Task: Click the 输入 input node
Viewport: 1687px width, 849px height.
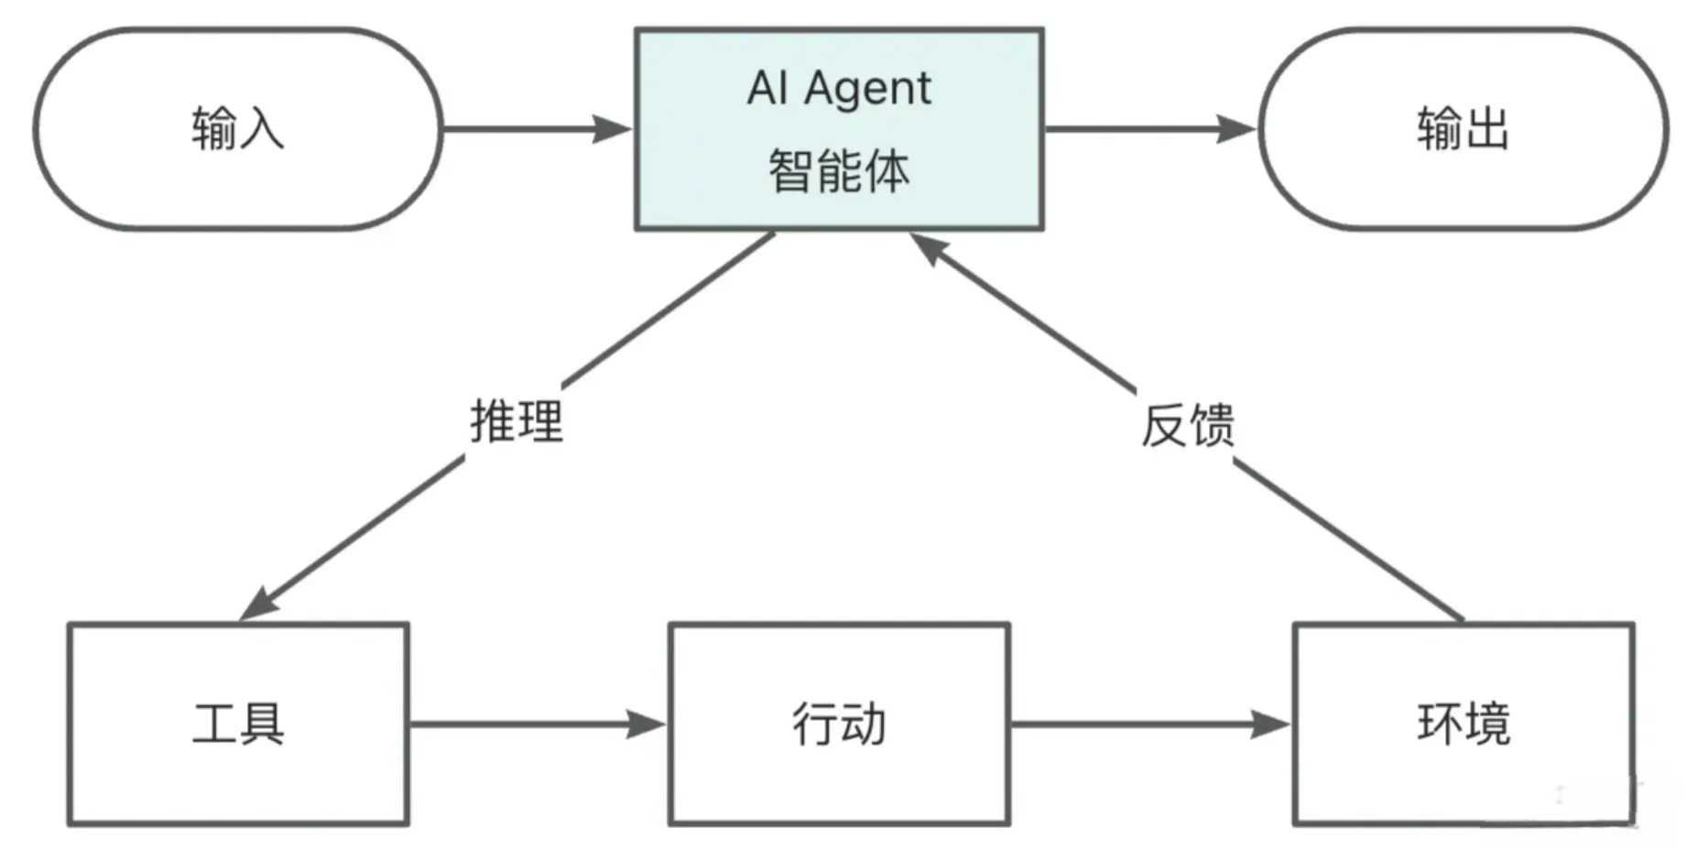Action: (x=237, y=128)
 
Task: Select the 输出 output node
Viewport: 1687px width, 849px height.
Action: (x=1463, y=128)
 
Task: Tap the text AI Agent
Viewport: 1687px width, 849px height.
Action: (x=839, y=89)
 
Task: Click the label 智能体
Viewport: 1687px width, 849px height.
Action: (x=839, y=171)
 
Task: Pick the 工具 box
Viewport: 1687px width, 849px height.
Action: (x=238, y=724)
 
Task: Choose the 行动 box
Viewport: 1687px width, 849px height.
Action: (x=839, y=724)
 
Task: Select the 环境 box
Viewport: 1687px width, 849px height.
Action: (x=1463, y=724)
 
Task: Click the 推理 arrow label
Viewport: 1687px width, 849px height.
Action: (x=517, y=421)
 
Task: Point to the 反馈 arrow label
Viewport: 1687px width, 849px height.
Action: (x=1188, y=426)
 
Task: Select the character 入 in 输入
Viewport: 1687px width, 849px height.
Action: (x=261, y=128)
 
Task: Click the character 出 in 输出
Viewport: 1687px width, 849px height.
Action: (x=1486, y=128)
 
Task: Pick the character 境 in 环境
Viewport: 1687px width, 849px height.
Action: (x=1486, y=724)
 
